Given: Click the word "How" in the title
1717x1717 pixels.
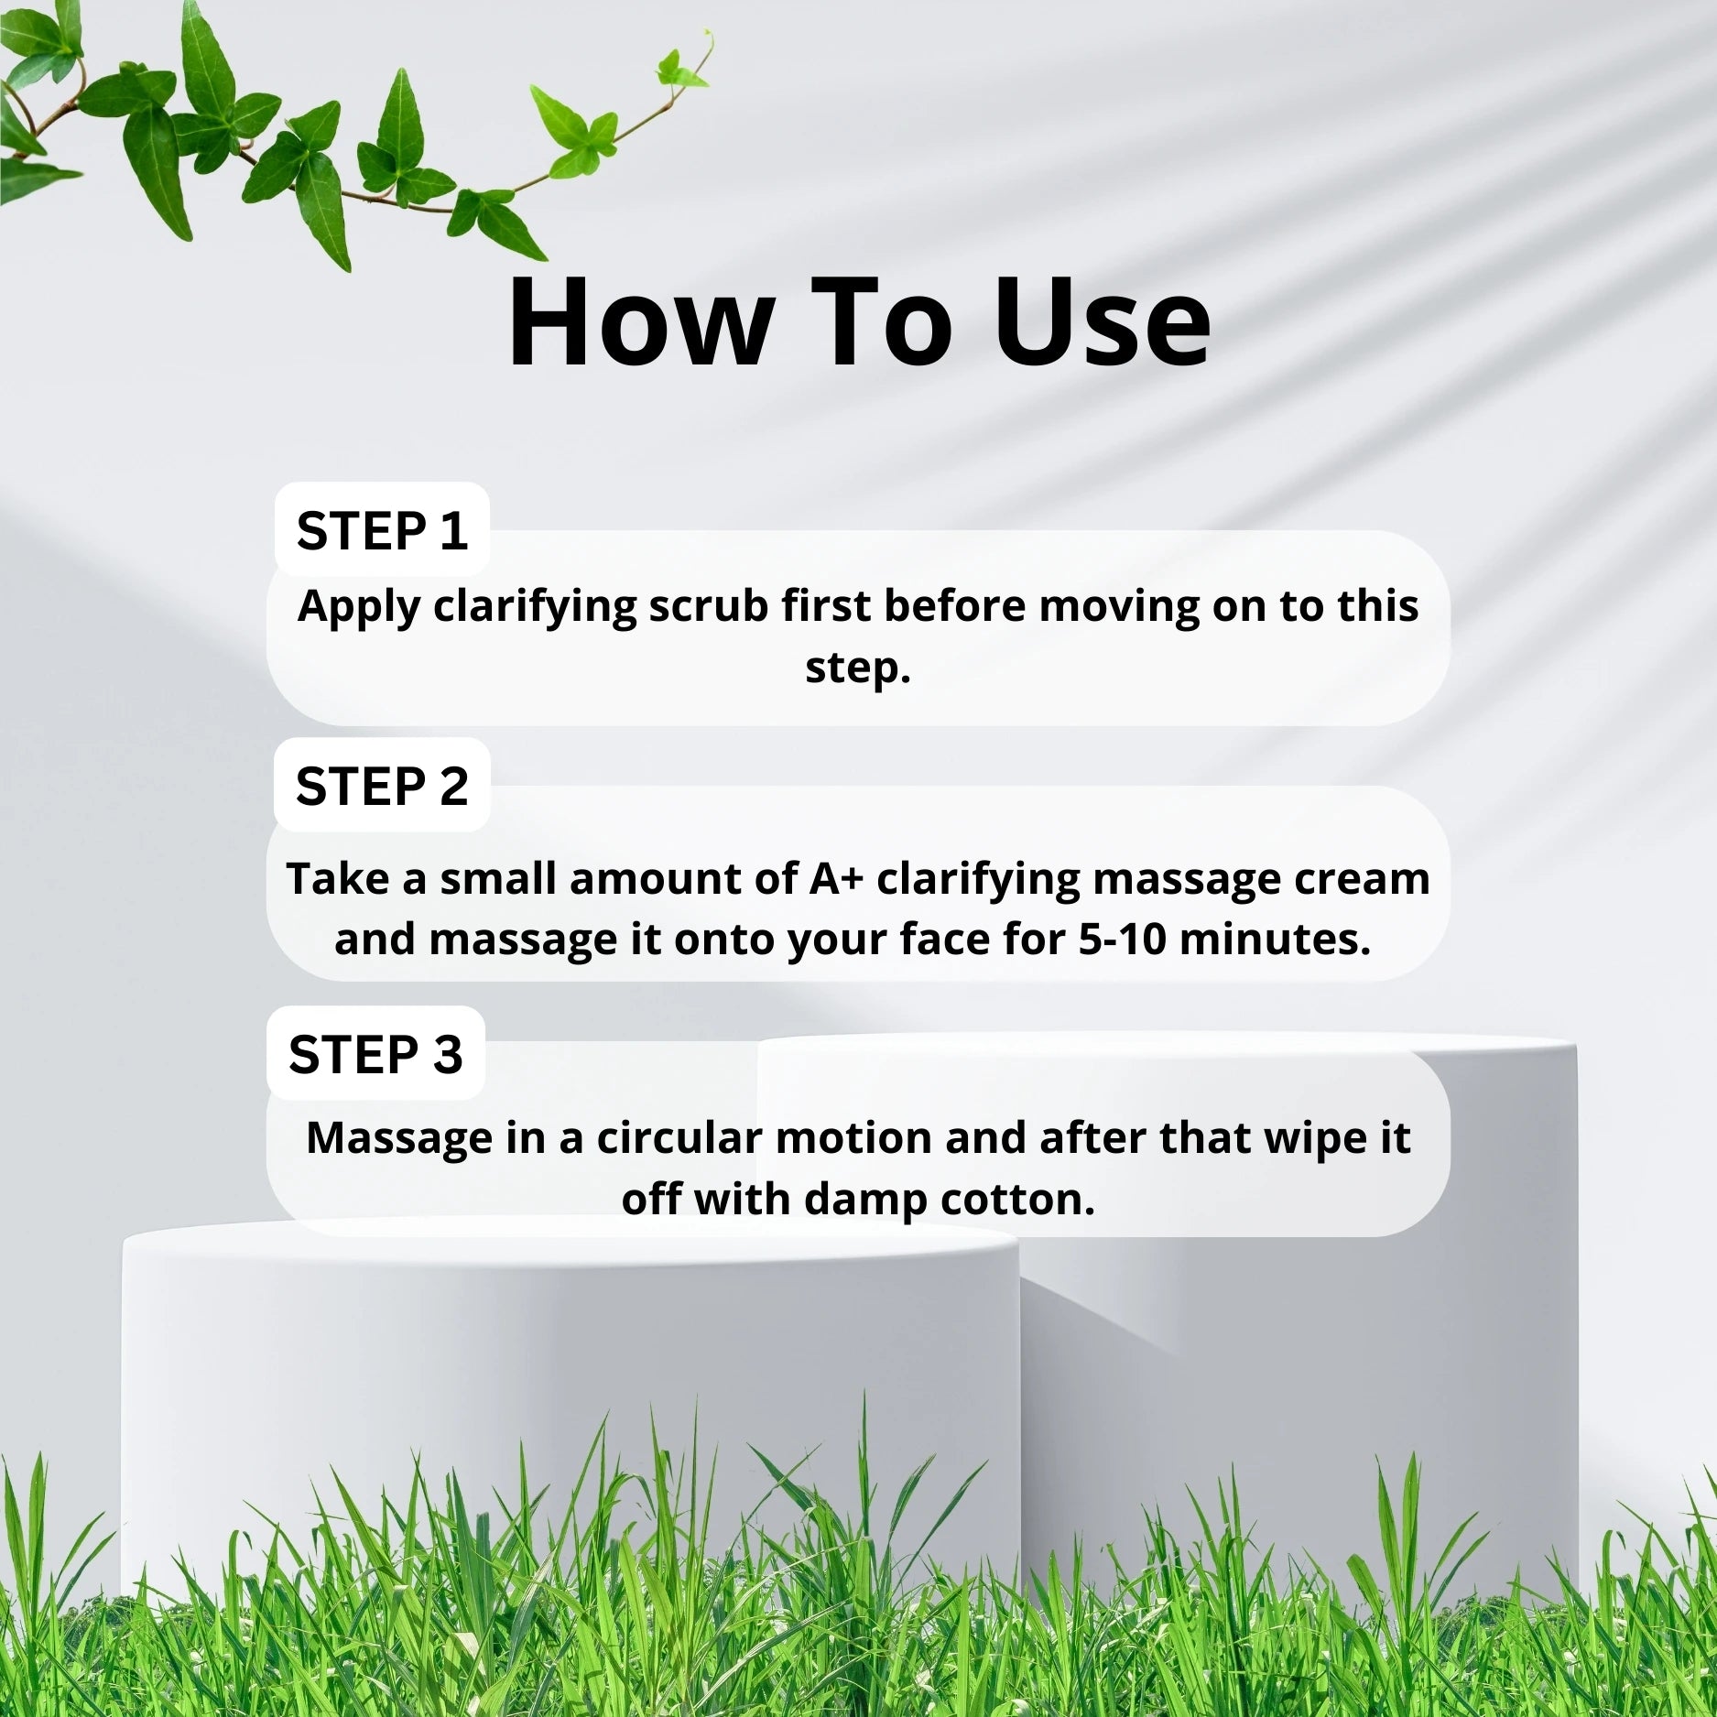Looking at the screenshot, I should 639,323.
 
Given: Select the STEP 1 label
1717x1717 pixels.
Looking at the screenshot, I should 382,530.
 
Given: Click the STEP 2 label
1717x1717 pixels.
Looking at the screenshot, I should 382,786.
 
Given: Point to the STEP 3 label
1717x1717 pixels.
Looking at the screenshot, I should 375,1054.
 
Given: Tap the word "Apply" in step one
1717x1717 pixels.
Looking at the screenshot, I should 359,608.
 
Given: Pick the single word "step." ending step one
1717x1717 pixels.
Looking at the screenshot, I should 858,668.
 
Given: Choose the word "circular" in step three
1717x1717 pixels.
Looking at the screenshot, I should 680,1137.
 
